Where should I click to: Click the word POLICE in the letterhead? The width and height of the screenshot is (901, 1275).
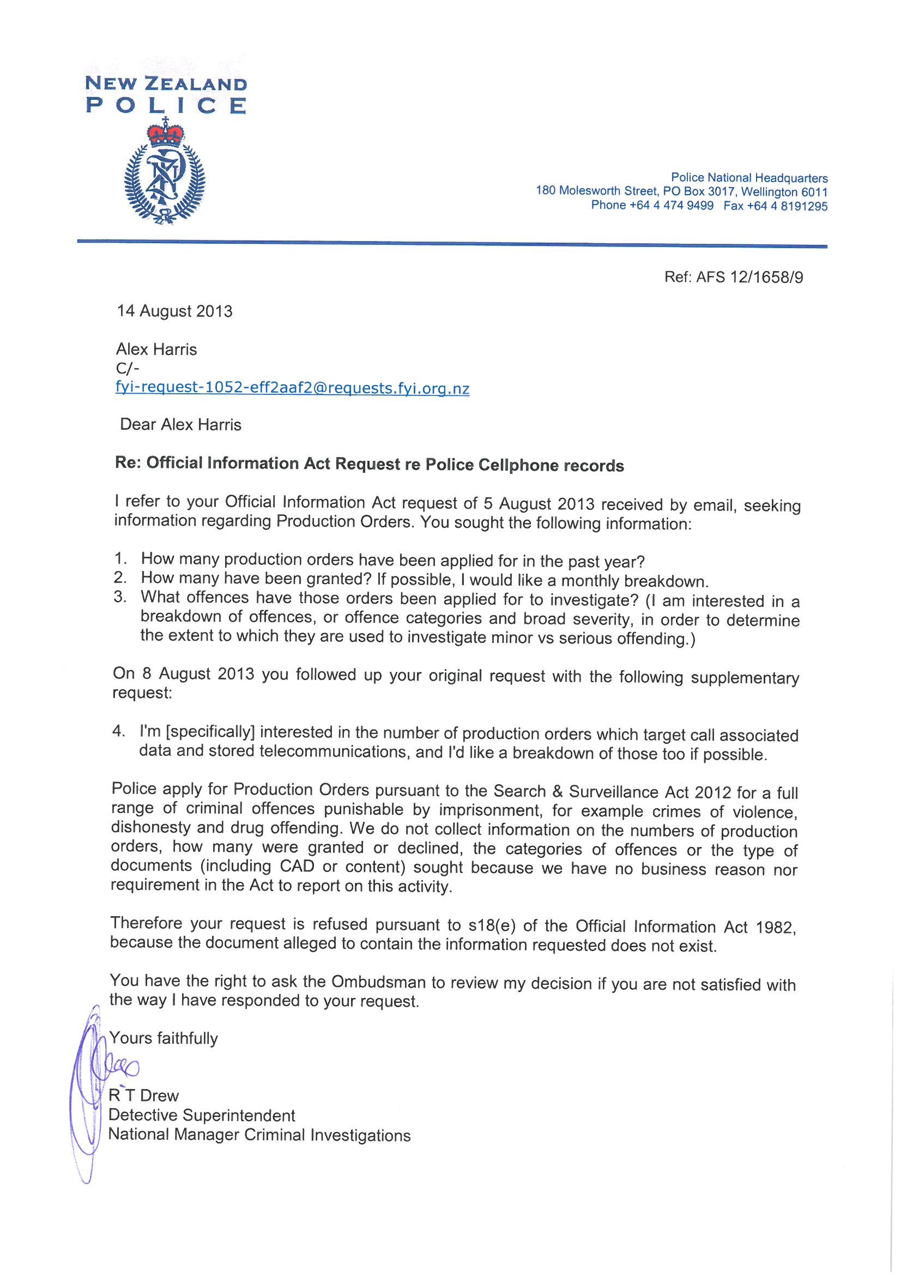pyautogui.click(x=166, y=105)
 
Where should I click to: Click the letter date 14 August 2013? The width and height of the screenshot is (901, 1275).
pyautogui.click(x=174, y=311)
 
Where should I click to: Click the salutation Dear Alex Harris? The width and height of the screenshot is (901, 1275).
pyautogui.click(x=181, y=425)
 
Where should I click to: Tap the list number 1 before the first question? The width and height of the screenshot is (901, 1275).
pyautogui.click(x=119, y=558)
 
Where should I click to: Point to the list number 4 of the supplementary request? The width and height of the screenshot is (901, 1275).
pyautogui.click(x=118, y=731)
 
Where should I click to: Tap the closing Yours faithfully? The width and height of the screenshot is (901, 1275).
pyautogui.click(x=163, y=1038)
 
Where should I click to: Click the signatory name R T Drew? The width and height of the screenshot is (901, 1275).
pyautogui.click(x=144, y=1095)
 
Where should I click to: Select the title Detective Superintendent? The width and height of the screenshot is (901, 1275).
pyautogui.click(x=202, y=1115)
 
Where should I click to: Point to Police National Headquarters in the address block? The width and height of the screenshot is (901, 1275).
pyautogui.click(x=749, y=178)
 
